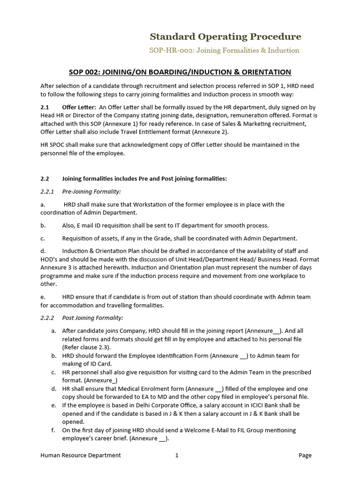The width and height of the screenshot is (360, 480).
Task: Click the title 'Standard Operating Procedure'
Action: pyautogui.click(x=225, y=37)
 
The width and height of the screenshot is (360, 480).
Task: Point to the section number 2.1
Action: pyautogui.click(x=45, y=107)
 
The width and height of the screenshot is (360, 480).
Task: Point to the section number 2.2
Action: pyautogui.click(x=45, y=179)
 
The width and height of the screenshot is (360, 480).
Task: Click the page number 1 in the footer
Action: pyautogui.click(x=177, y=455)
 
